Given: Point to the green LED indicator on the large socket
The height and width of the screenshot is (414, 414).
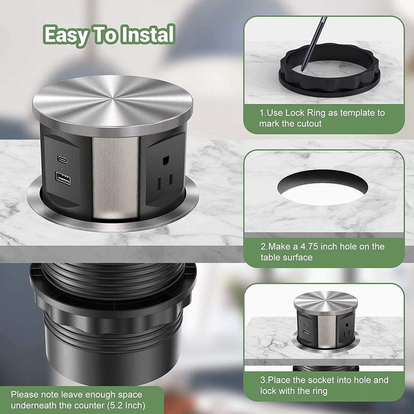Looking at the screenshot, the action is (x=62, y=168).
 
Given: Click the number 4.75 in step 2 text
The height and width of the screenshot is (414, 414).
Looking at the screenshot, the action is (x=309, y=247).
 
